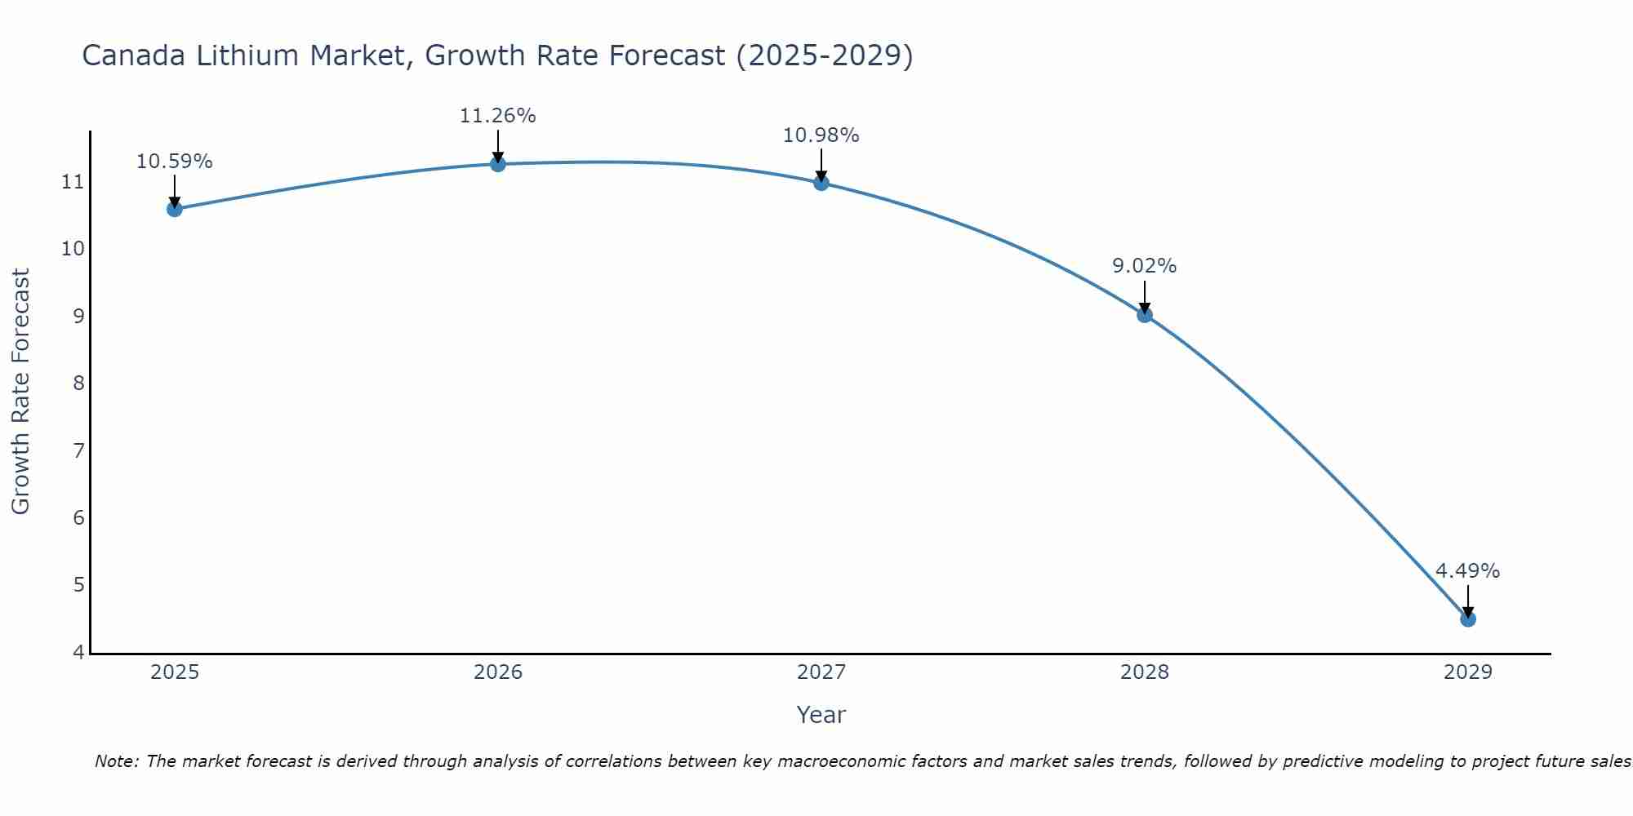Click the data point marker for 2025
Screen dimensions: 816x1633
(x=174, y=209)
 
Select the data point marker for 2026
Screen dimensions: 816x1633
(x=497, y=164)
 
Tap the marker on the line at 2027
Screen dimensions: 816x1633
(x=821, y=183)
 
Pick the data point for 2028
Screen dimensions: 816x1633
(x=1145, y=314)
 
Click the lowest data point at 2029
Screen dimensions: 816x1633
(x=1467, y=619)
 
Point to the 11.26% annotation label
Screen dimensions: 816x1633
(x=497, y=116)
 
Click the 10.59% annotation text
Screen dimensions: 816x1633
(x=174, y=162)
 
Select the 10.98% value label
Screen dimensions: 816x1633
(x=821, y=135)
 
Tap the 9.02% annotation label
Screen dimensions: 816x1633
(x=1144, y=266)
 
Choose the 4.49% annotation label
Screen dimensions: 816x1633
(x=1467, y=571)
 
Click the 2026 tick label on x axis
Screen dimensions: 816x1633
(x=498, y=672)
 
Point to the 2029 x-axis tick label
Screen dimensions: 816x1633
(x=1467, y=672)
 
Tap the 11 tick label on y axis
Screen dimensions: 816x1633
(x=73, y=181)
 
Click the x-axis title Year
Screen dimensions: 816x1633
(x=821, y=715)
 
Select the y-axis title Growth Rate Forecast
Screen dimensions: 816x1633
(x=21, y=391)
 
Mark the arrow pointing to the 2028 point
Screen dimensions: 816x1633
(x=1145, y=297)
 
